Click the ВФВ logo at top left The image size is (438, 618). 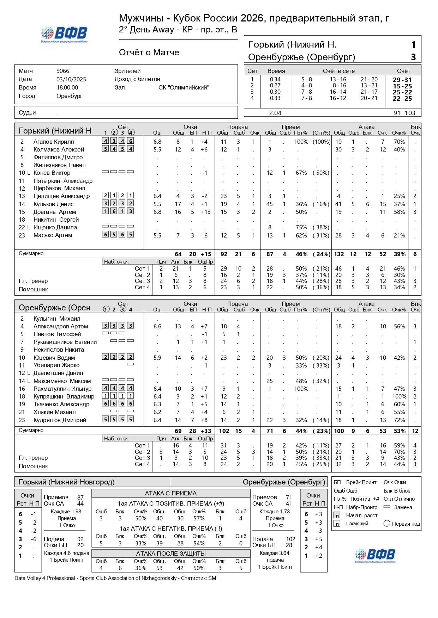coord(64,35)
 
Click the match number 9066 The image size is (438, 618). coord(63,71)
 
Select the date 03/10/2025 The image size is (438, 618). coord(71,79)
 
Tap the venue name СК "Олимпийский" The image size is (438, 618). coord(184,87)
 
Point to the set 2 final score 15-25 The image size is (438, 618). coord(402,86)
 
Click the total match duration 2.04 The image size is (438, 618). coord(275,113)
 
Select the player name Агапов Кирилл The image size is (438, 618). coord(54,142)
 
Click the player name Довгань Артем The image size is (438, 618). coord(55,212)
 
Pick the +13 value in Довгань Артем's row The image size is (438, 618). coord(205,212)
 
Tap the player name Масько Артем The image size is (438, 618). coord(53,235)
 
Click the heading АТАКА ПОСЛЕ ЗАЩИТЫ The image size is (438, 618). coord(171,554)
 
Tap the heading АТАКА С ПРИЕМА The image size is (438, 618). coord(171,493)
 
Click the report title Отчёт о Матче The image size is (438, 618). coord(149,52)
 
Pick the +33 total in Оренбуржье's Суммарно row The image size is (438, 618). coord(205,431)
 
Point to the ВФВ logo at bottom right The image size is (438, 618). coord(375,556)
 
